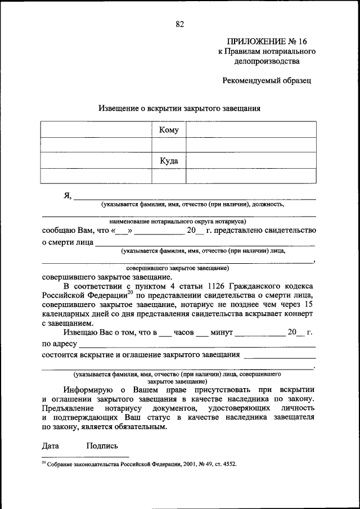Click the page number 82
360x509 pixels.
pos(179,24)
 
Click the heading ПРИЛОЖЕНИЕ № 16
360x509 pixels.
pos(267,41)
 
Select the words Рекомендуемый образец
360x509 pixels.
pos(267,80)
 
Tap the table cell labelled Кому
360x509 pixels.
pos(169,130)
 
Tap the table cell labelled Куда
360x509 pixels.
pos(169,161)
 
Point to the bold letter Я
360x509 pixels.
pos(67,196)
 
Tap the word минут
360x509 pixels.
pos(222,332)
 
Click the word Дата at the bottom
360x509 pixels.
pos(51,446)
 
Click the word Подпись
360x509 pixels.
pos(102,446)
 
